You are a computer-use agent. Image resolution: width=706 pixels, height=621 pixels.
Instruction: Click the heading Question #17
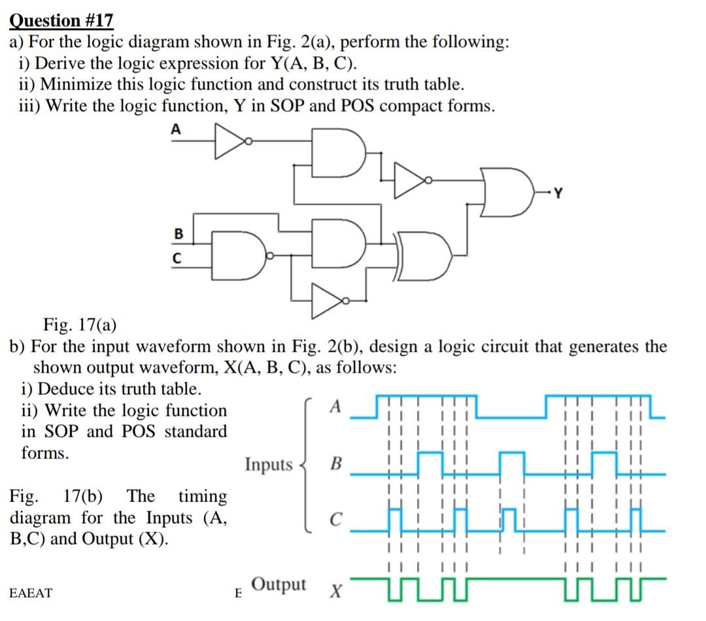pos(61,21)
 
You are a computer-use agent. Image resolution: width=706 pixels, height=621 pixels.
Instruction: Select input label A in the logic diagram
pos(175,129)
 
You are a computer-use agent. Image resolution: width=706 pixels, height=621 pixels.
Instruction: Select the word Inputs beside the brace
pos(269,465)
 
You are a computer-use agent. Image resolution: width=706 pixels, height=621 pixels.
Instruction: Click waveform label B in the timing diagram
pos(336,465)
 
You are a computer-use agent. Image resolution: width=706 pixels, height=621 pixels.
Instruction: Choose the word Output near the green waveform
pos(278,584)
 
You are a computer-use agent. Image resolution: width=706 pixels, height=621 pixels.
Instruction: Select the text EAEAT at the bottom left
pos(31,593)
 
